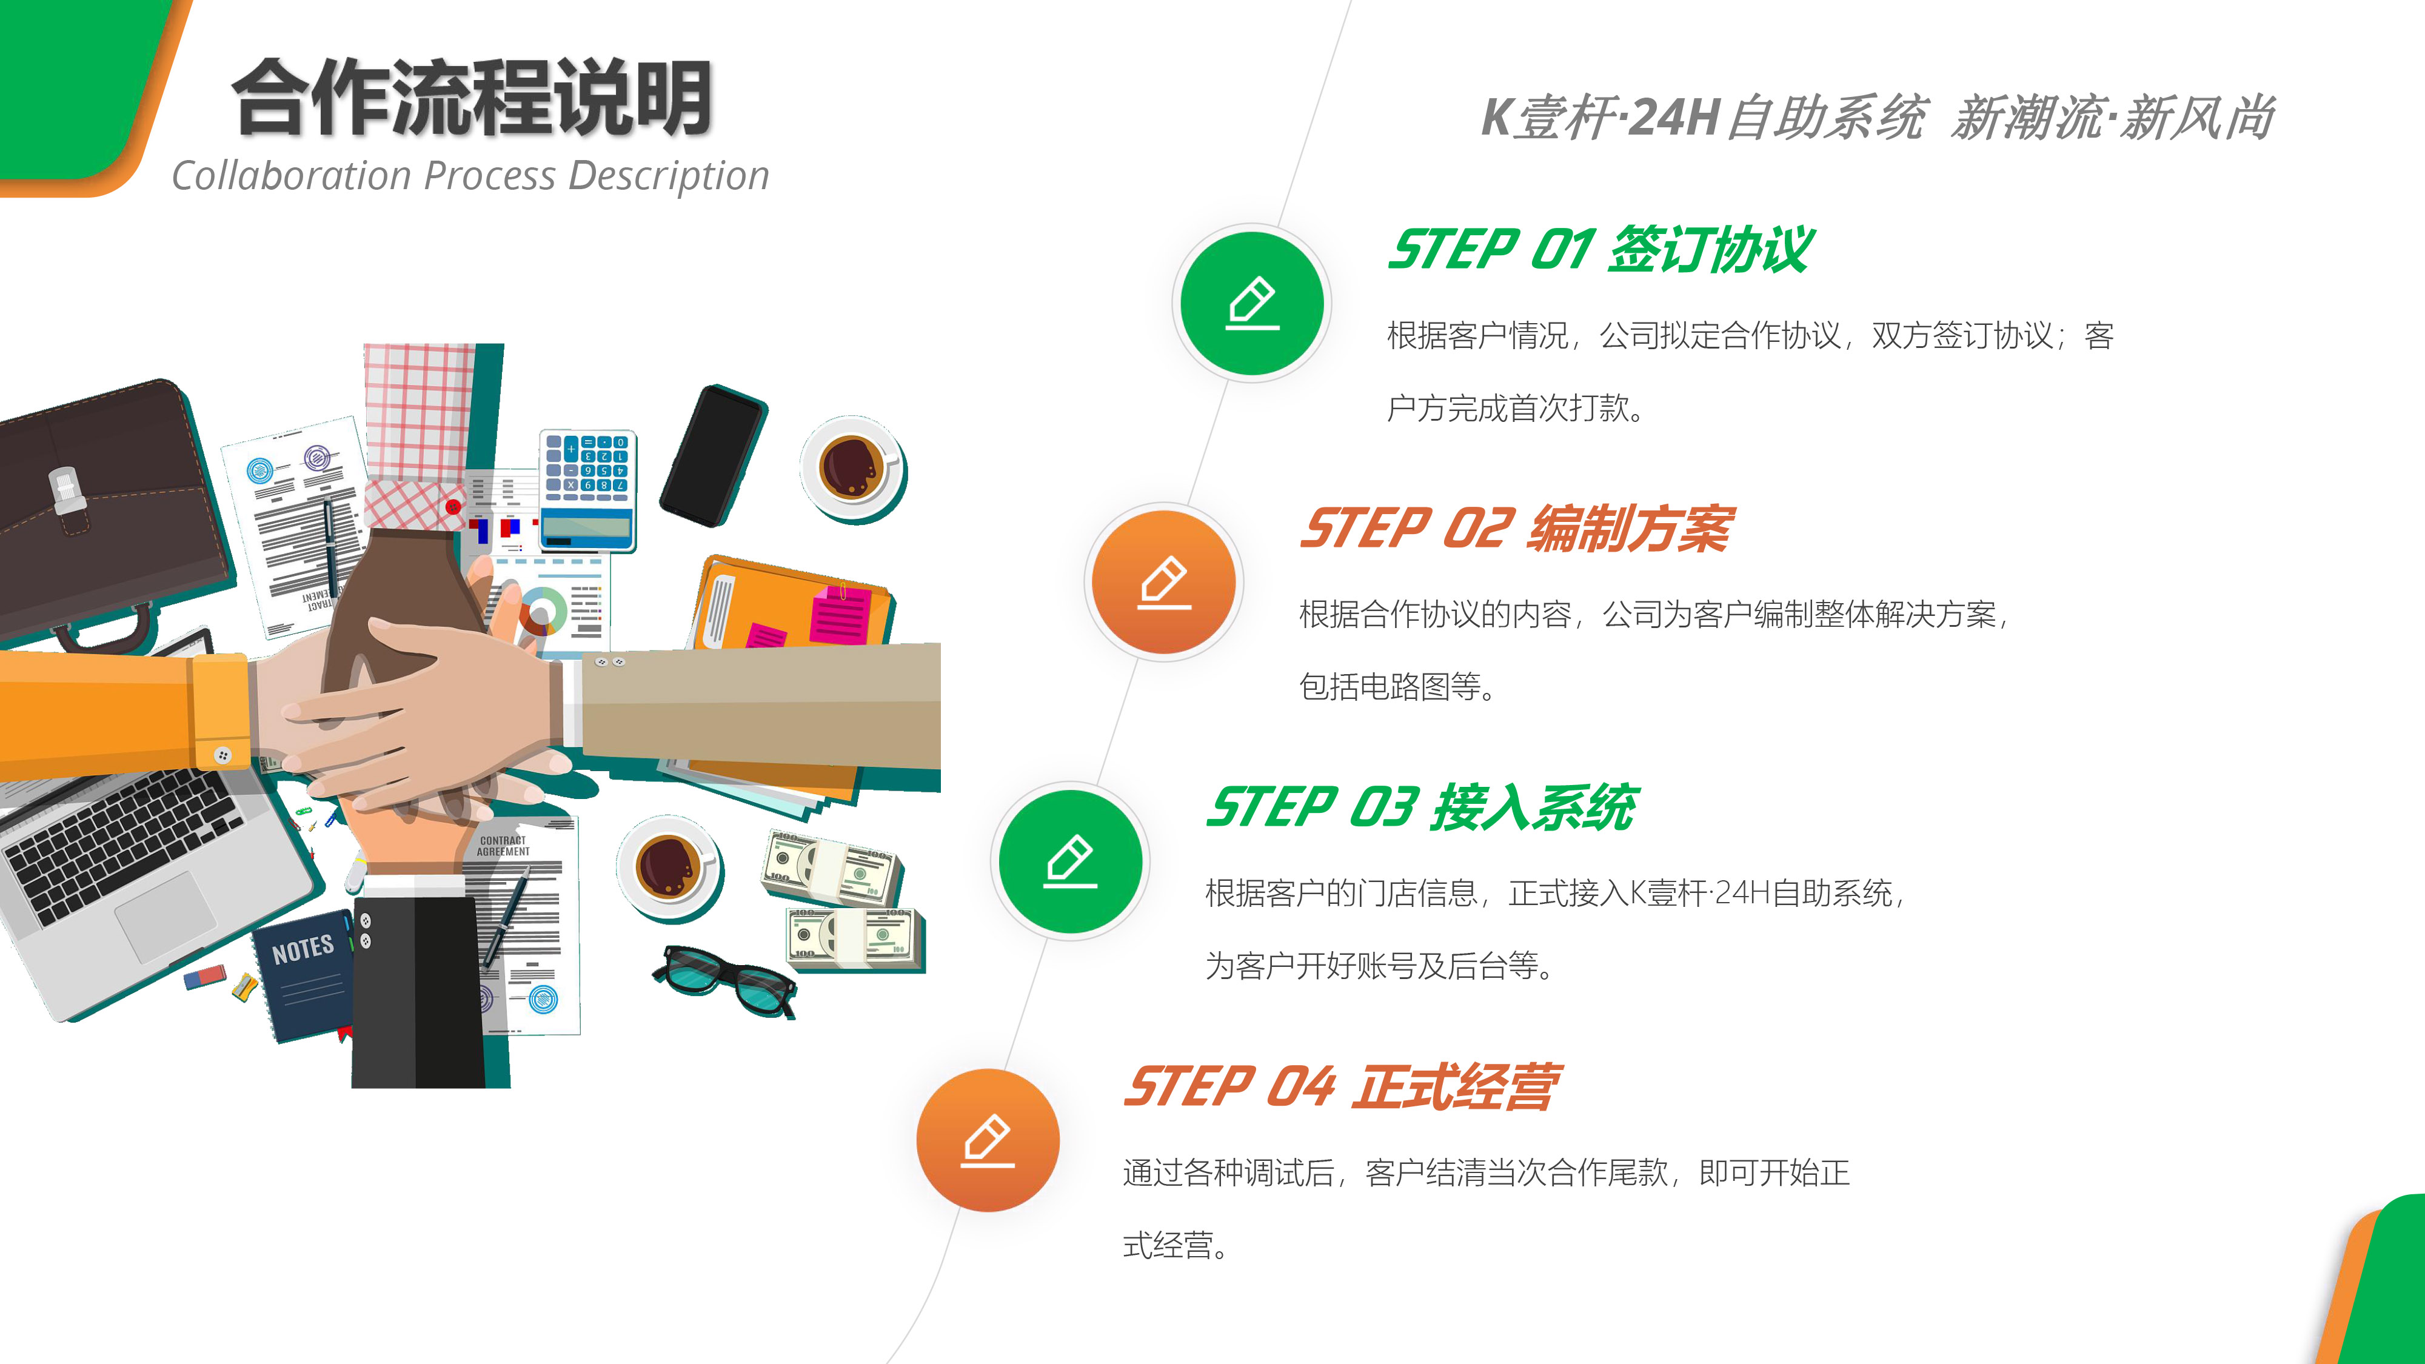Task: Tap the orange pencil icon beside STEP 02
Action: [x=1165, y=583]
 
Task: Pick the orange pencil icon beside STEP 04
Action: [x=988, y=1140]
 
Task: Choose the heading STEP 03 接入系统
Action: [x=1422, y=807]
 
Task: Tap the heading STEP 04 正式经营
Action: [x=1342, y=1086]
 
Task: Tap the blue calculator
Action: [x=587, y=490]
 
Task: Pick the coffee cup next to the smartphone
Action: [x=853, y=469]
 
